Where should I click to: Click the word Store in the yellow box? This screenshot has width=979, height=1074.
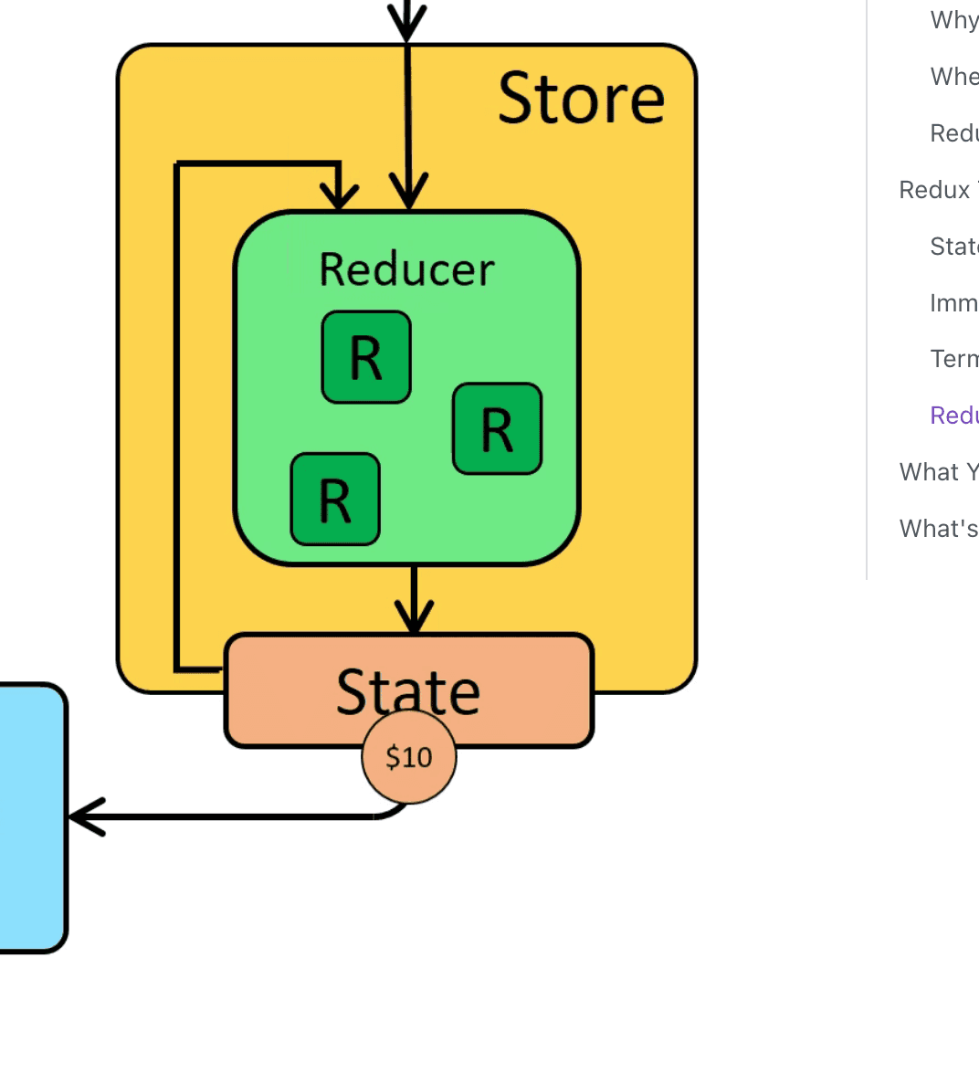[x=581, y=98]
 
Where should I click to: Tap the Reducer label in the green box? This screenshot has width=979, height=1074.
[x=406, y=269]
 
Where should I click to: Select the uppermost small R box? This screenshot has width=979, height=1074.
[x=366, y=357]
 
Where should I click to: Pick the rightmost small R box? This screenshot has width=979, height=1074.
[x=497, y=428]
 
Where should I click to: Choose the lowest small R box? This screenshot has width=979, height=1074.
[x=335, y=499]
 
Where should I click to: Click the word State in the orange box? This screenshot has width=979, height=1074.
[x=408, y=691]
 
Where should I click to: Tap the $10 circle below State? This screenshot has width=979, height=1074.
[x=409, y=757]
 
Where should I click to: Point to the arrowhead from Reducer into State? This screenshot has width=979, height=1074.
[x=415, y=619]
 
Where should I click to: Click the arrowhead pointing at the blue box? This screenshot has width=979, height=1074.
[x=84, y=816]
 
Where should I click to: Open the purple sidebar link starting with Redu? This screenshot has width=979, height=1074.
[x=953, y=416]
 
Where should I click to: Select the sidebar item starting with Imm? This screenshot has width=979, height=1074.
[x=953, y=303]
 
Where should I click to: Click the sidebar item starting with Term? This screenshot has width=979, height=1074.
[x=953, y=359]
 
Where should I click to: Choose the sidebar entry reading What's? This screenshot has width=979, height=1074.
[x=938, y=529]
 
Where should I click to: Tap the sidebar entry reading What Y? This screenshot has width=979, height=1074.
[x=938, y=472]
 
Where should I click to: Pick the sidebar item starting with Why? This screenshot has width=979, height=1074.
[x=953, y=20]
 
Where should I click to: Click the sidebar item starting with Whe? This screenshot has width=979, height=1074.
[x=953, y=77]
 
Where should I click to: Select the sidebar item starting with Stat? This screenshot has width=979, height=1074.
[x=953, y=247]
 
